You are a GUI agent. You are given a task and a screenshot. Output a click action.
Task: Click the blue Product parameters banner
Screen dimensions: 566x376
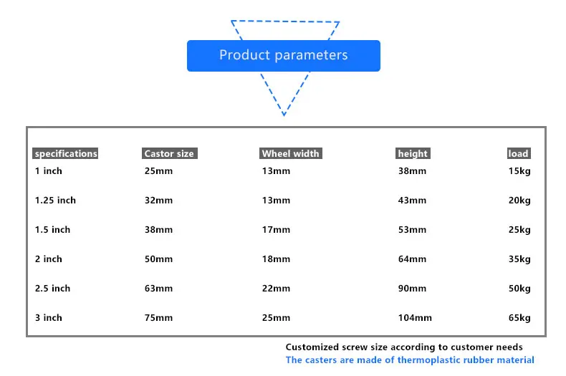tap(284, 56)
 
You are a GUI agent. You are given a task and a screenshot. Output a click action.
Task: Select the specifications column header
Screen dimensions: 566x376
tap(65, 153)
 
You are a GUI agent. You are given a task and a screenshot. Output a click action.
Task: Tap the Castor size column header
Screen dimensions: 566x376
tap(169, 153)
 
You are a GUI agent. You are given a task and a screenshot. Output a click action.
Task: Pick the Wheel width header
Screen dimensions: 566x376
tap(291, 153)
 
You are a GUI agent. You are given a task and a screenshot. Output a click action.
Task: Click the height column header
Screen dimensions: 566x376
tap(413, 153)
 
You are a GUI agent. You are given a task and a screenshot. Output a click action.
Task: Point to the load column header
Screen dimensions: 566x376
tap(519, 153)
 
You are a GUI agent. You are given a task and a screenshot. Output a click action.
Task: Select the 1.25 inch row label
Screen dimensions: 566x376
tap(55, 201)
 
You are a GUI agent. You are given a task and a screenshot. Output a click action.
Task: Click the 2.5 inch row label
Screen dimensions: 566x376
tap(53, 289)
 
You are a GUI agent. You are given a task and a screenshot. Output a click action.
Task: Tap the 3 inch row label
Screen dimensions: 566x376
tap(49, 317)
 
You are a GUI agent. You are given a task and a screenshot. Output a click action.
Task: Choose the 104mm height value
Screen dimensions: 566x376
tap(415, 317)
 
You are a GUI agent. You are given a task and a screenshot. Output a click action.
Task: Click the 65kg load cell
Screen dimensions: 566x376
tap(519, 318)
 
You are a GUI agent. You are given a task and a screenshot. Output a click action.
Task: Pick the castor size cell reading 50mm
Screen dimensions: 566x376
tap(158, 259)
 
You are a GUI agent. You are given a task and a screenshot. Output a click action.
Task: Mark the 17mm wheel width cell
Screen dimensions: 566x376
tap(276, 229)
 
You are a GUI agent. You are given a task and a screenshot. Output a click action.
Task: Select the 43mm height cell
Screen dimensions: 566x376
tap(412, 201)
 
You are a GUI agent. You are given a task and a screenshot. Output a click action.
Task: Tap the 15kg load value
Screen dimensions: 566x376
tap(519, 171)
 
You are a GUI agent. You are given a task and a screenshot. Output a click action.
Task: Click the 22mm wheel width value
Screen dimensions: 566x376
tap(276, 289)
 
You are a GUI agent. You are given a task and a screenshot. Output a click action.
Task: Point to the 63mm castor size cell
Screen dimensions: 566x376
tap(158, 289)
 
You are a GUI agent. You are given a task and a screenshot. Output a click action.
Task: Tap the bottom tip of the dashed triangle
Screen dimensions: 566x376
tap(284, 115)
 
